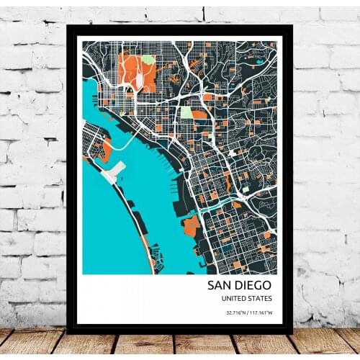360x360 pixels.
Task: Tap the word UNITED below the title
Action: coord(235,299)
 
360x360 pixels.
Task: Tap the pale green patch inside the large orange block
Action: coord(148,59)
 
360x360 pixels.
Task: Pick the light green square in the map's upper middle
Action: coord(186,112)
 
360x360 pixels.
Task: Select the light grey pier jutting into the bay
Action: coord(114,171)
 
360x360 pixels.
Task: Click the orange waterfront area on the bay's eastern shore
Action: coord(191,227)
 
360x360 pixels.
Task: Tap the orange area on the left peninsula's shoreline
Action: coord(105,150)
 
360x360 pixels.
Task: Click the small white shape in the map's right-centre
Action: coord(232,153)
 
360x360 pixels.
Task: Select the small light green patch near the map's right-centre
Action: coord(245,189)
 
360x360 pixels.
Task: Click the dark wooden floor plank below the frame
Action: coord(180,343)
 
